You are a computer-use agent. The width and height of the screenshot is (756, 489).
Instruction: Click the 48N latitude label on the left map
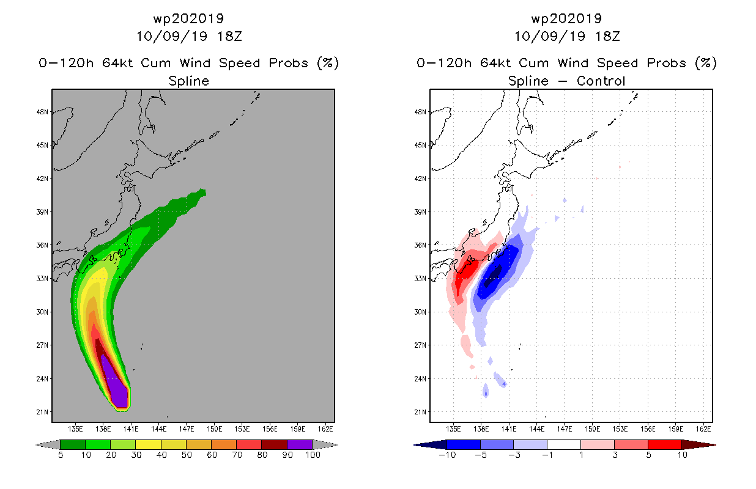(x=42, y=112)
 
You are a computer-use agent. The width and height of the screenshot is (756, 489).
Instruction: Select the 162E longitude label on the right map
(x=703, y=429)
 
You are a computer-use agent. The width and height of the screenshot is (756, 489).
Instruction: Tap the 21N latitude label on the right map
(x=420, y=412)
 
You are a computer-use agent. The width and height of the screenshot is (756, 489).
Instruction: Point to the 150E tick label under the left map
(x=214, y=429)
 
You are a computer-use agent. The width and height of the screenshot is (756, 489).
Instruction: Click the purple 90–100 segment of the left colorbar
(x=300, y=444)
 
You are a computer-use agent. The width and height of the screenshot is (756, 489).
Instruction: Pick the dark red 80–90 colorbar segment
(x=275, y=444)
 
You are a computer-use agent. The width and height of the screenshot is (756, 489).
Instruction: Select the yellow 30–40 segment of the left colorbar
(x=148, y=444)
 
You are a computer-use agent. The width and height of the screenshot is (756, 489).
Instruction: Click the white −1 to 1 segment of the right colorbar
(x=564, y=444)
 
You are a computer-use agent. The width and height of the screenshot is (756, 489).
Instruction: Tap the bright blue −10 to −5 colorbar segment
(x=464, y=444)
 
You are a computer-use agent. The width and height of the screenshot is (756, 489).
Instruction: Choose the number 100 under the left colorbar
(x=313, y=455)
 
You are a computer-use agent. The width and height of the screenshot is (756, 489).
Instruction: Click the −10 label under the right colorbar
(x=447, y=455)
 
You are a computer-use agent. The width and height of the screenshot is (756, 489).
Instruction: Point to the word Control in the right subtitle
(x=601, y=81)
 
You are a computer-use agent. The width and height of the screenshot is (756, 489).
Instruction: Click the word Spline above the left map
(x=188, y=81)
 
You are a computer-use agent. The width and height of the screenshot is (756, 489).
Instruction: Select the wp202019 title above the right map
(x=566, y=19)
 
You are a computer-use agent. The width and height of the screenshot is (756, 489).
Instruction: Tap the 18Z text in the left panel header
(x=229, y=37)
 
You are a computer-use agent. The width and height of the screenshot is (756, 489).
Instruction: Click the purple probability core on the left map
(x=116, y=384)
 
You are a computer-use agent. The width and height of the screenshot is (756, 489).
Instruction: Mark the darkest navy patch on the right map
(x=494, y=276)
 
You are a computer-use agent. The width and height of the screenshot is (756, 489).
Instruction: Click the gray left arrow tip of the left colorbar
(x=37, y=445)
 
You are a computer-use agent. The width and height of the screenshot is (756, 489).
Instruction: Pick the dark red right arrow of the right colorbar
(x=699, y=445)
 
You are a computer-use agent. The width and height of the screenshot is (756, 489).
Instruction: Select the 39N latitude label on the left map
(x=42, y=212)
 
